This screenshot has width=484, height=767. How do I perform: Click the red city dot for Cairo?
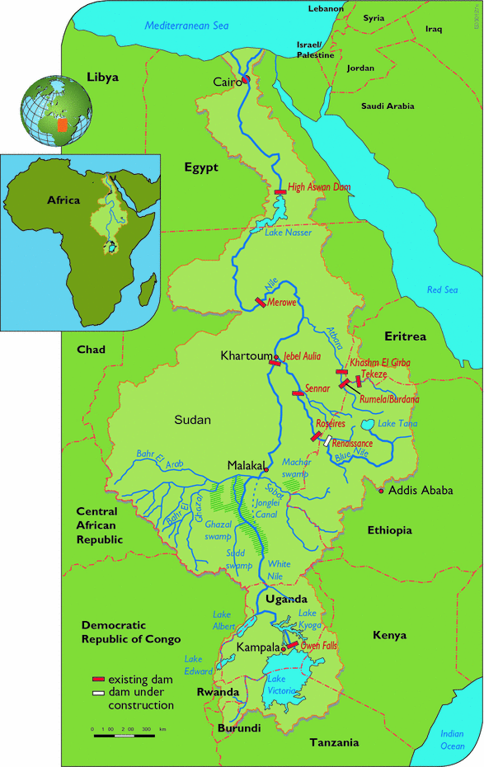pos(246,80)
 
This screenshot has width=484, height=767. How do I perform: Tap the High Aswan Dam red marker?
pos(280,191)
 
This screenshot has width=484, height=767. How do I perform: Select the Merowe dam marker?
pos(261,303)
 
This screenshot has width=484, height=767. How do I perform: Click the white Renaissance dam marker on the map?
pos(327,440)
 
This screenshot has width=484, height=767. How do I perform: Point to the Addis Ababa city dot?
pos(381,491)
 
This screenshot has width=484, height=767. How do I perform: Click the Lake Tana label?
pos(397,424)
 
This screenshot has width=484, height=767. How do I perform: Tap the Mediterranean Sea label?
pos(186,26)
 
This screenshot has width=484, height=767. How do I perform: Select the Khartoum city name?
pos(246,356)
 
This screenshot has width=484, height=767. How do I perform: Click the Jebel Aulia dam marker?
pos(275,362)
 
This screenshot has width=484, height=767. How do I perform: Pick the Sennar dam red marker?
pos(298,393)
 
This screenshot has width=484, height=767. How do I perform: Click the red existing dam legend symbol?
pos(98,677)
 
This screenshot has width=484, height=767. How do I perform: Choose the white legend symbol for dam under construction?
pos(98,693)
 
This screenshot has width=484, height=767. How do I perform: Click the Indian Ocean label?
pos(453,740)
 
